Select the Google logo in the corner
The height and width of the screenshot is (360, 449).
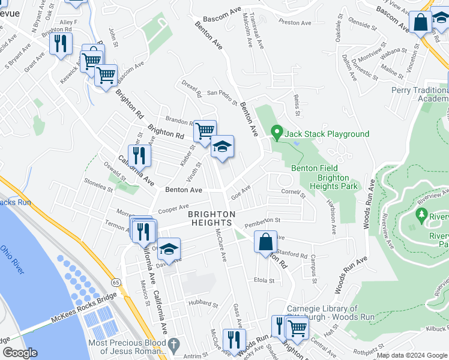[x=20, y=353]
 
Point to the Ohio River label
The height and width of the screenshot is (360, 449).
[x=12, y=259]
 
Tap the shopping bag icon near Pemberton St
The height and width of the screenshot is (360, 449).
[x=265, y=242]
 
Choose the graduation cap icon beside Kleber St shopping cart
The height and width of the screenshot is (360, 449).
[x=222, y=147]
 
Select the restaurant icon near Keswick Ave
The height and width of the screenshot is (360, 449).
[x=61, y=44]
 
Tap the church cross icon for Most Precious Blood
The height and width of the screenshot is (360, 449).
[x=173, y=345]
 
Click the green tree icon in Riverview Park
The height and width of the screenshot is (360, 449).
[x=421, y=214]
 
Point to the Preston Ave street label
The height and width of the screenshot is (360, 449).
[x=295, y=23]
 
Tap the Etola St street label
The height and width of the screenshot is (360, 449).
[x=264, y=280]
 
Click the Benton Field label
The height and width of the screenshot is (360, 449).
[x=315, y=169]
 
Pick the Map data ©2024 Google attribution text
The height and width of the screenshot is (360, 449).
[x=411, y=355]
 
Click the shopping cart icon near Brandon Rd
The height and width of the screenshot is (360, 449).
[x=205, y=129]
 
